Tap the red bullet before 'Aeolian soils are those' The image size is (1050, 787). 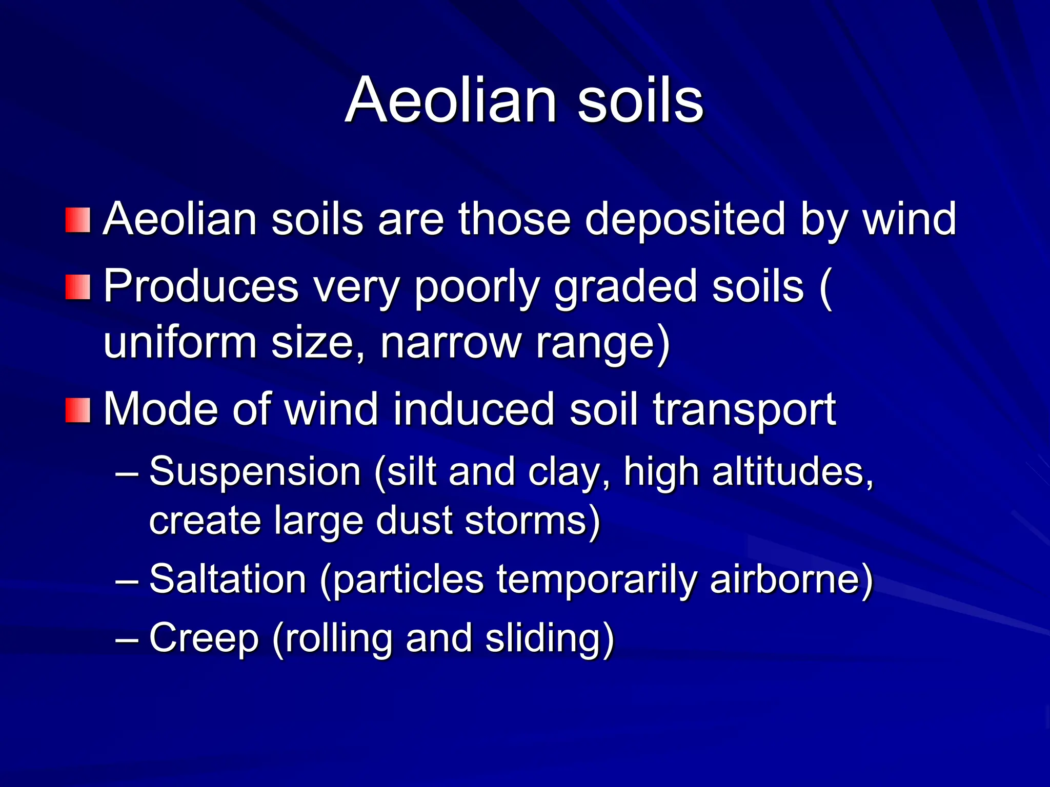pos(78,220)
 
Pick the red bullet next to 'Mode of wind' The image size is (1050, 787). pos(78,410)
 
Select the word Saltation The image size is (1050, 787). pos(228,579)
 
